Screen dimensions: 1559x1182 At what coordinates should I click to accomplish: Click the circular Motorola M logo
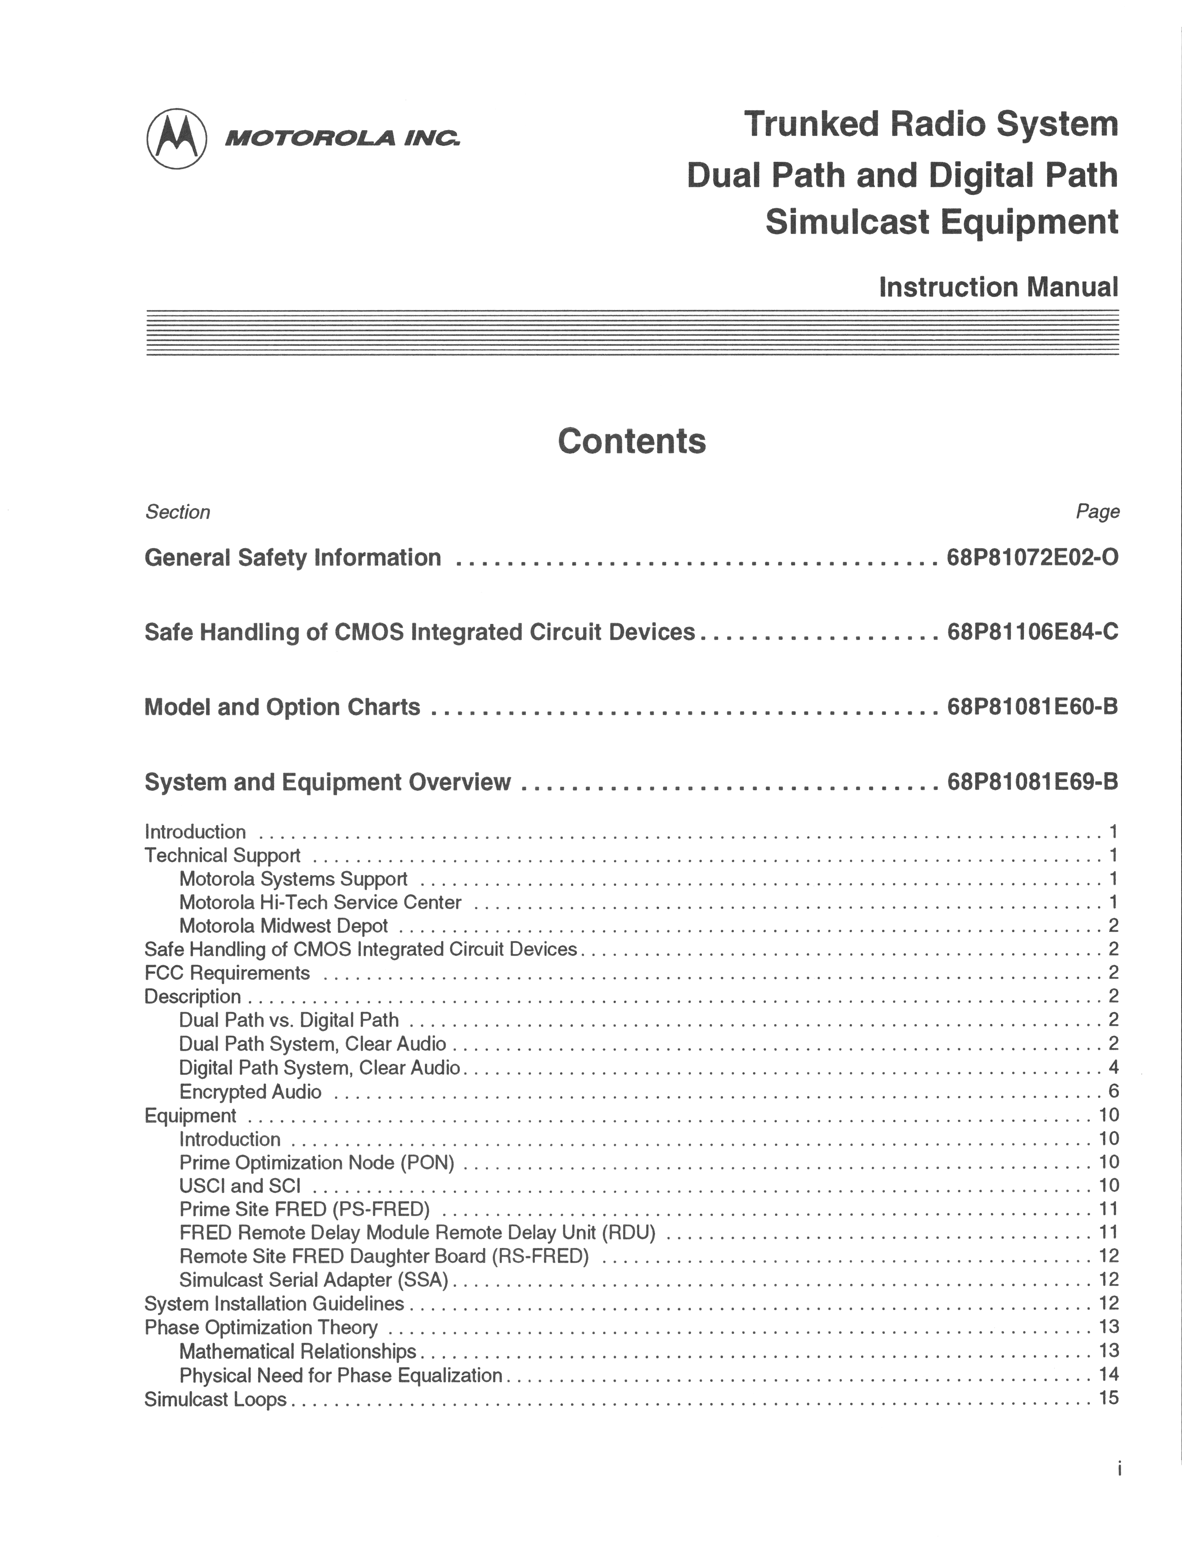click(176, 139)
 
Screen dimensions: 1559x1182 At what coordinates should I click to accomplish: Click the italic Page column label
click(1097, 512)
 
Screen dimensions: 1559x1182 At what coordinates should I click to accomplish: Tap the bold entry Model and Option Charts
click(282, 707)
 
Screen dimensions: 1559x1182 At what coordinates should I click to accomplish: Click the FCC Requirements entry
click(227, 973)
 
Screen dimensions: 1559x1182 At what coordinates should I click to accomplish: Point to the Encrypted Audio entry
click(250, 1092)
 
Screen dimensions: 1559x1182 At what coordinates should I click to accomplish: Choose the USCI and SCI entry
click(240, 1186)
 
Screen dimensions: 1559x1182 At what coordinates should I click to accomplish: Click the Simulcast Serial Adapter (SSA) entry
click(314, 1280)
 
